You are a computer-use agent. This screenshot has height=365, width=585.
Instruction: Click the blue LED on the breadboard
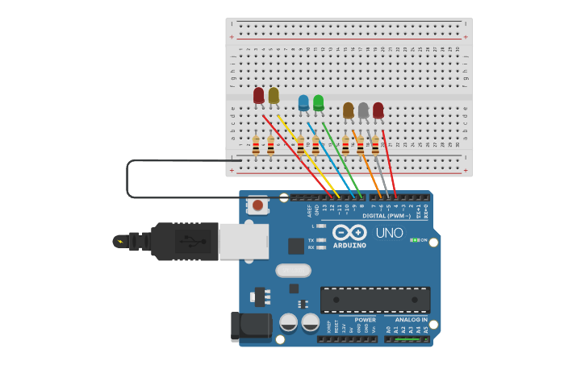(x=303, y=102)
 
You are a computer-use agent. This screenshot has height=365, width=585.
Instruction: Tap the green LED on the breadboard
(x=318, y=102)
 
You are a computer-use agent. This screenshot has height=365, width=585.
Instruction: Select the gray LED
(x=363, y=110)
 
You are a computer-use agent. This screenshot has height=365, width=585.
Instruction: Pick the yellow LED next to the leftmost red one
(x=274, y=95)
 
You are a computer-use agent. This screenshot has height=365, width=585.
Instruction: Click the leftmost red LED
(x=258, y=96)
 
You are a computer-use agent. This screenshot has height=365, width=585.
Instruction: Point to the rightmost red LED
(x=378, y=110)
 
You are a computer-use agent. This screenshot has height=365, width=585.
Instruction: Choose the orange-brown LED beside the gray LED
(x=348, y=110)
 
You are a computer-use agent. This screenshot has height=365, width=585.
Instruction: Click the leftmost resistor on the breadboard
(x=256, y=145)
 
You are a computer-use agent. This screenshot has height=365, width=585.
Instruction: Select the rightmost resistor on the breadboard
(x=375, y=145)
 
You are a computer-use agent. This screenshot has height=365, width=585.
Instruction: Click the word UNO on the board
(x=389, y=233)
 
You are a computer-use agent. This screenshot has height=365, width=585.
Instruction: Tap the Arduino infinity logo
(x=349, y=232)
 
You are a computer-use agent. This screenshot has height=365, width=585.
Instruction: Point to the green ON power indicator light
(x=413, y=240)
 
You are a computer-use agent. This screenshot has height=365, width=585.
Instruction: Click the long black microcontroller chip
(x=374, y=300)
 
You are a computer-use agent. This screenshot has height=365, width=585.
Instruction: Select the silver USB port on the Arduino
(x=243, y=241)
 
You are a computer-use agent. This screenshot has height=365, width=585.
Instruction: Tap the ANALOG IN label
(x=411, y=320)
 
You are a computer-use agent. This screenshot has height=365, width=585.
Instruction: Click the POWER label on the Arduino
(x=365, y=320)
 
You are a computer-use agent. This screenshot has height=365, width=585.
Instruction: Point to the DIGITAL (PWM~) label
(x=386, y=215)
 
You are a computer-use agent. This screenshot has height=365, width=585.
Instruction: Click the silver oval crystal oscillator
(x=293, y=271)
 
